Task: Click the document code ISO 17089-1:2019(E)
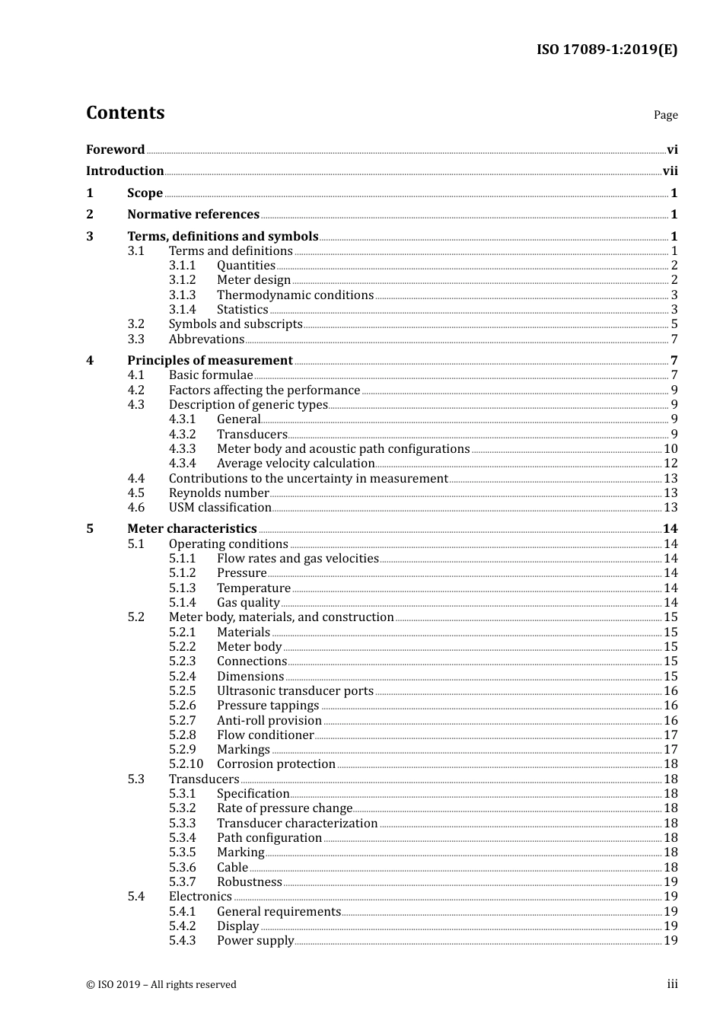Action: [x=607, y=50]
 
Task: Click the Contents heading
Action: [x=125, y=113]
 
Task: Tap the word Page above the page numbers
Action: [x=665, y=115]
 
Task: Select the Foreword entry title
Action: [x=115, y=150]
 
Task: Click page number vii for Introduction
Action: [x=670, y=171]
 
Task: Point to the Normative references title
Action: [x=193, y=215]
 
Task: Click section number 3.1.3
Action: [x=182, y=295]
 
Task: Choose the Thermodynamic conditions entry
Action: [x=295, y=295]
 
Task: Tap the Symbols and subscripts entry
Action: [x=236, y=324]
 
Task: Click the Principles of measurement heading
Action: [x=209, y=361]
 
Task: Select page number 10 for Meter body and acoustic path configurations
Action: [x=670, y=449]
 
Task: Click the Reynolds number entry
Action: [x=219, y=493]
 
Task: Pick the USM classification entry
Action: [x=220, y=508]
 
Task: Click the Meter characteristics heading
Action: [x=192, y=529]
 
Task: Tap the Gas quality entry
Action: [x=248, y=603]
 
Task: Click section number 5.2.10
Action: [x=186, y=764]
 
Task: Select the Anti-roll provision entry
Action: [x=269, y=721]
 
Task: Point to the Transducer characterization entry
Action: [x=297, y=824]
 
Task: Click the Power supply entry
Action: [x=255, y=941]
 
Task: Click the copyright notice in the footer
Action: [x=161, y=985]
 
